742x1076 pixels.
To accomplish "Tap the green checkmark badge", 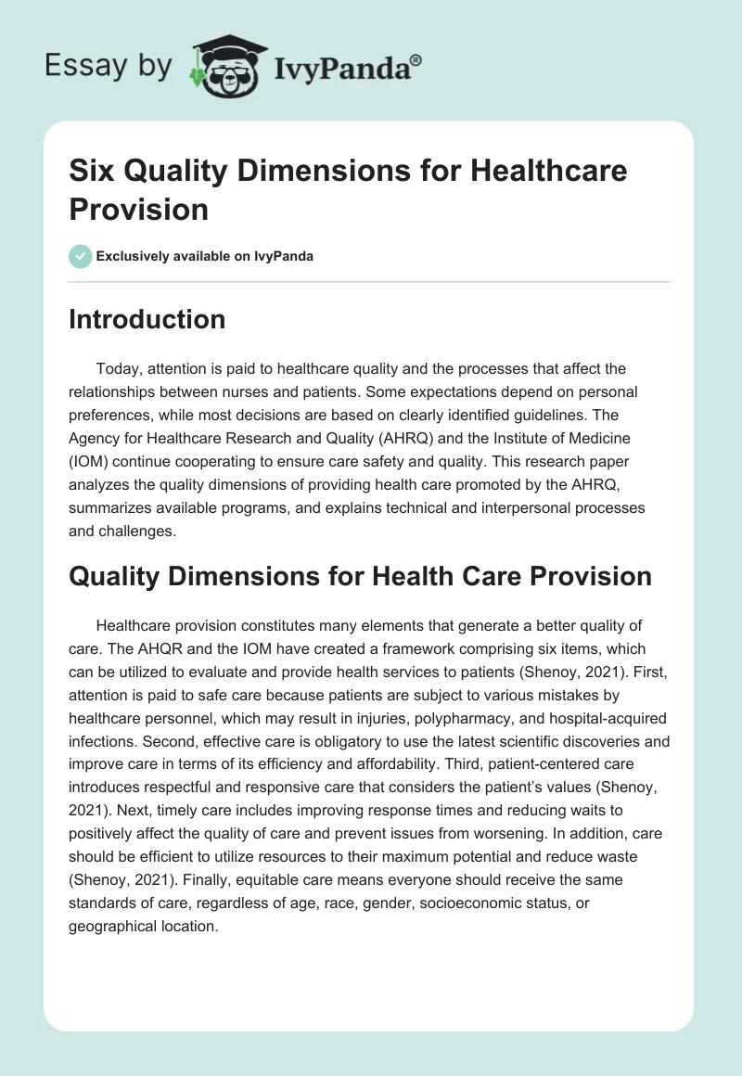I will click(81, 256).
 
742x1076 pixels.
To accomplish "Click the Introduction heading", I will click(147, 319).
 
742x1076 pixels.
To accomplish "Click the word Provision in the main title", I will click(138, 209).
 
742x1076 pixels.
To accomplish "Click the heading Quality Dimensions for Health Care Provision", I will click(360, 576).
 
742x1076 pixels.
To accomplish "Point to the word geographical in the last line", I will click(112, 925).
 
